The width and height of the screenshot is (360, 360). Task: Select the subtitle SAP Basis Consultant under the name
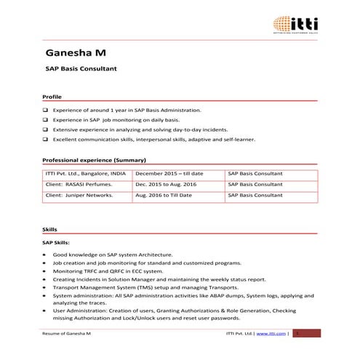81,72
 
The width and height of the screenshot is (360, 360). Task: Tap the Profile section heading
52,97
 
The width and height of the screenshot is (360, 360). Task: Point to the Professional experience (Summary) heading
95,159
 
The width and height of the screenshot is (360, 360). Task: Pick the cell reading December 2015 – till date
169,174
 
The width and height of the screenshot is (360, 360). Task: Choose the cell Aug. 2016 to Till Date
164,196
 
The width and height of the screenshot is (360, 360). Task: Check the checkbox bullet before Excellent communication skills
46,140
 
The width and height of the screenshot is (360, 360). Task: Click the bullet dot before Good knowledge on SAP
45,255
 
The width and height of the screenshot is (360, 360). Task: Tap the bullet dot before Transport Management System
45,287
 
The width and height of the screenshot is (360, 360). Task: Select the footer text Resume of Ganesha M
67,333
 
